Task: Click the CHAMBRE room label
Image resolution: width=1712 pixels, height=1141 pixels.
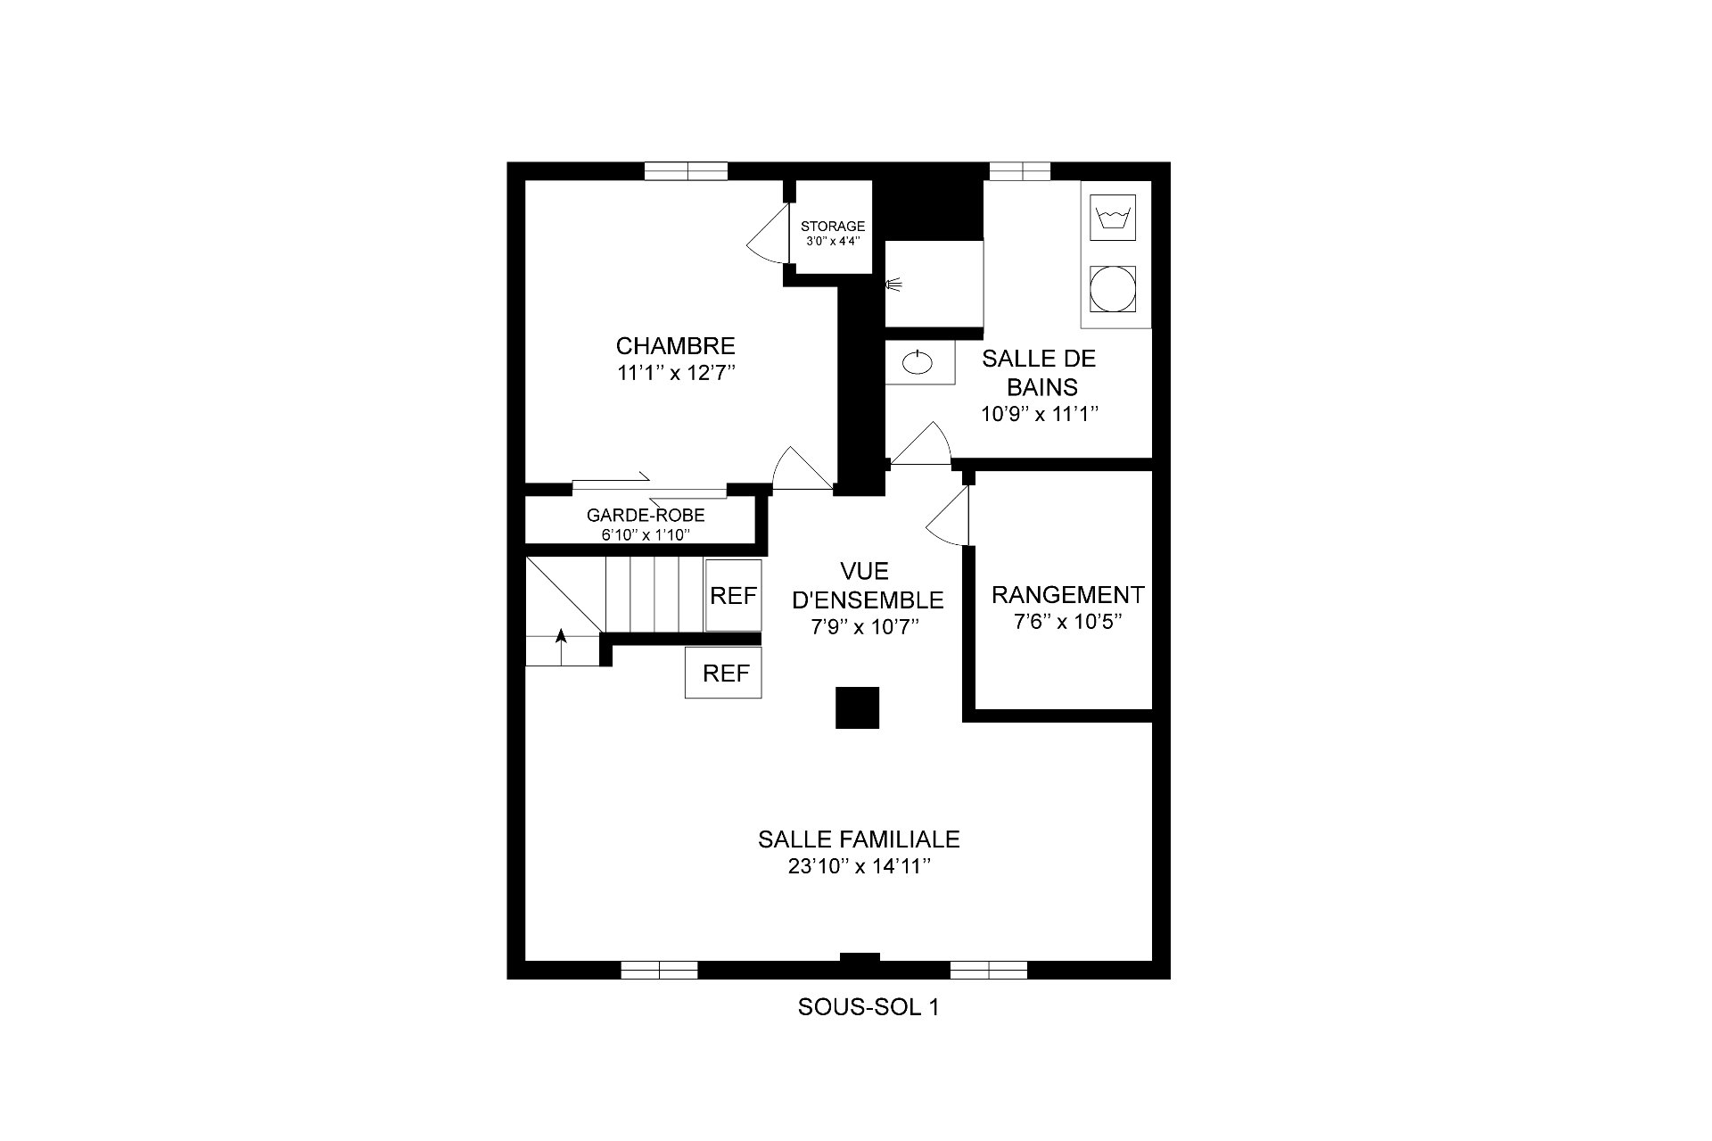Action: point(675,345)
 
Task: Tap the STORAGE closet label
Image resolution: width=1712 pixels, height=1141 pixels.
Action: point(832,227)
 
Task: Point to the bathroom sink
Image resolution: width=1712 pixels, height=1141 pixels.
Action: point(916,362)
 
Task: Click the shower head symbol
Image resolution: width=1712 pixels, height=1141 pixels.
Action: point(893,285)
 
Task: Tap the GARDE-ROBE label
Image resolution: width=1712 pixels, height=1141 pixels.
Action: point(646,515)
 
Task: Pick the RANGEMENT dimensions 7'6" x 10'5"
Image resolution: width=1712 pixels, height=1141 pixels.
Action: point(1067,622)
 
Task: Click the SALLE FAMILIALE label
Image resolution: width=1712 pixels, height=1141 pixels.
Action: point(859,839)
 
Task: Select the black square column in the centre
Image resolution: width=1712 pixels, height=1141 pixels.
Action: point(858,707)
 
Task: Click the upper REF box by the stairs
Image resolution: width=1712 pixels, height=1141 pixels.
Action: point(733,595)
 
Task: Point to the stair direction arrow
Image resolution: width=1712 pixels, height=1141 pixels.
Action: point(561,647)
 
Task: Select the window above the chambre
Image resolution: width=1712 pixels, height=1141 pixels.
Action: point(686,171)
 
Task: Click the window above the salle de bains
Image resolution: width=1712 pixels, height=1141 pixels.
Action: point(1020,171)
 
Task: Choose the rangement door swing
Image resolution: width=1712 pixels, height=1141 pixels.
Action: point(947,516)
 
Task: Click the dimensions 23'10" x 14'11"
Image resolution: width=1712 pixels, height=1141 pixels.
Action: point(860,866)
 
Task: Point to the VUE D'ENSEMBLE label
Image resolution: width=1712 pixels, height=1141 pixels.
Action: point(867,584)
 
